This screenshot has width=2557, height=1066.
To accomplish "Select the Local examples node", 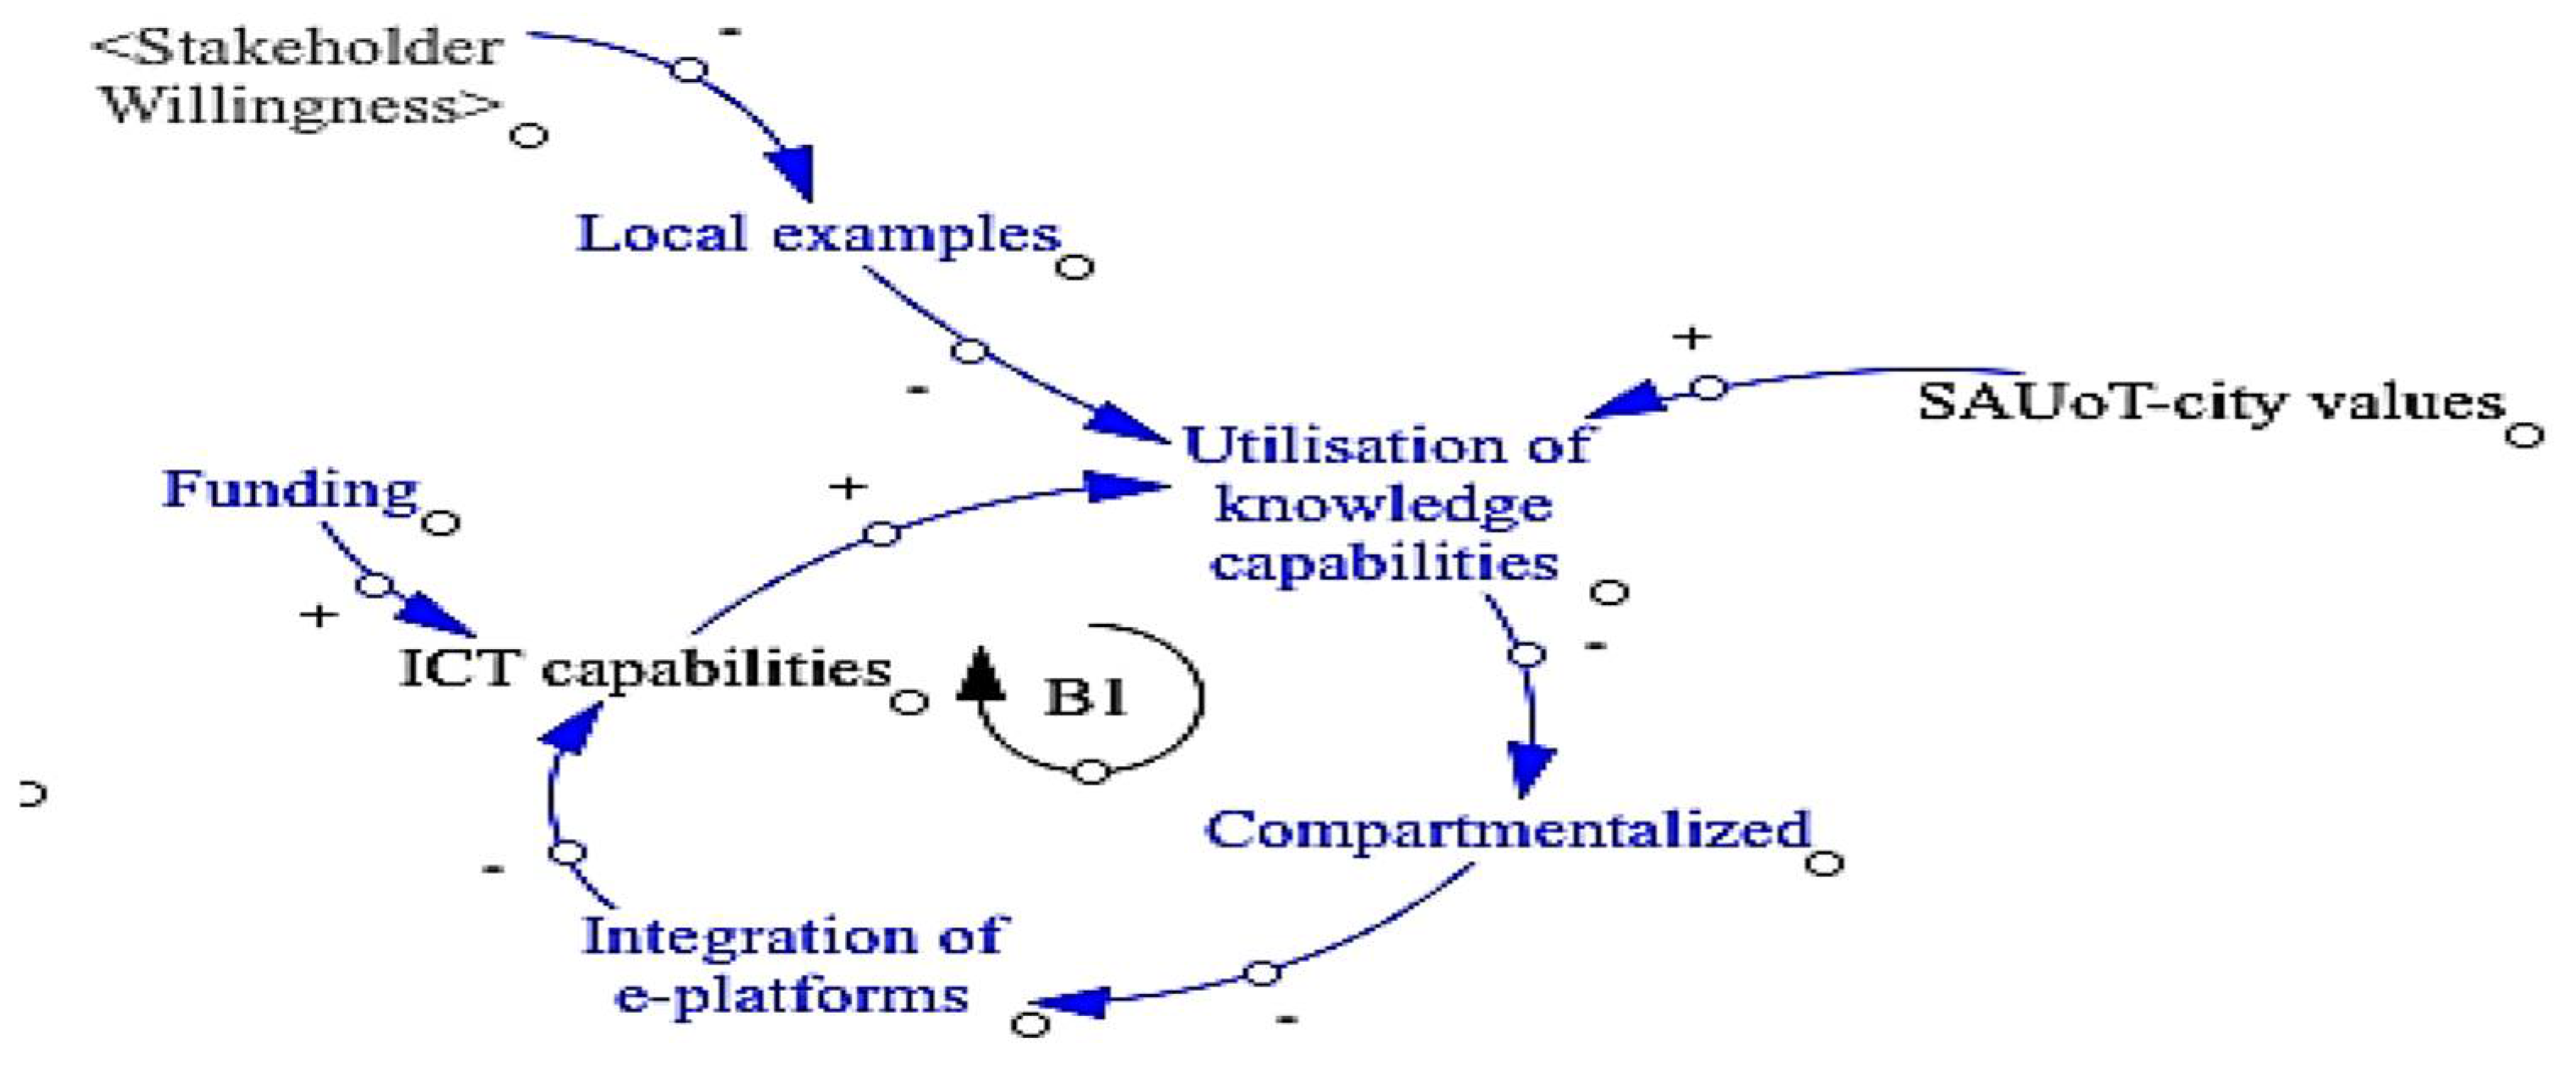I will click(818, 236).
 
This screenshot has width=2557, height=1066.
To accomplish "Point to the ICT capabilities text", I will click(645, 668).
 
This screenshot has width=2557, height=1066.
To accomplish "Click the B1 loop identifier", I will click(1086, 697).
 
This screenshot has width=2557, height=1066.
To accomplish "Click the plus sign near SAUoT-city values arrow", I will click(1692, 338).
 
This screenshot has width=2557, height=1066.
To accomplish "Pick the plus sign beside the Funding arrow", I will click(319, 616).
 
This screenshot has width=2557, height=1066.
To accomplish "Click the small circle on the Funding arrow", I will click(375, 586).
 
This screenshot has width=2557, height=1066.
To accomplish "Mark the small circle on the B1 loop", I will click(1091, 771).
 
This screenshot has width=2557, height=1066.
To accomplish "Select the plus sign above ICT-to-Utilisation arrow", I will click(848, 487).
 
